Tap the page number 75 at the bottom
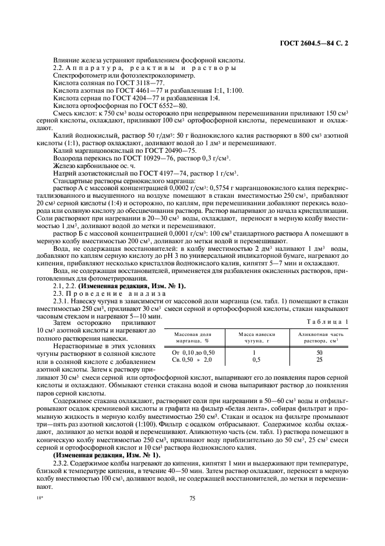point(192,498)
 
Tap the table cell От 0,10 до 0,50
point(194,353)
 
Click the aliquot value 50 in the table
point(319,353)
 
